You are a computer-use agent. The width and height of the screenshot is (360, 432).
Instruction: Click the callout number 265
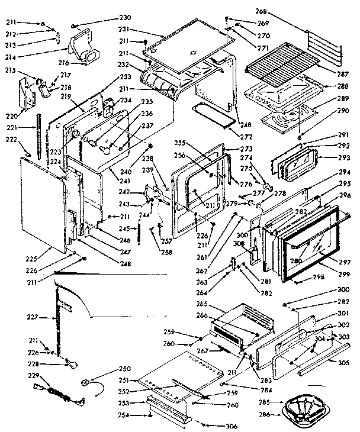click(x=201, y=303)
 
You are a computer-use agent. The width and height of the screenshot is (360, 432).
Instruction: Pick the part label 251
click(x=125, y=380)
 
